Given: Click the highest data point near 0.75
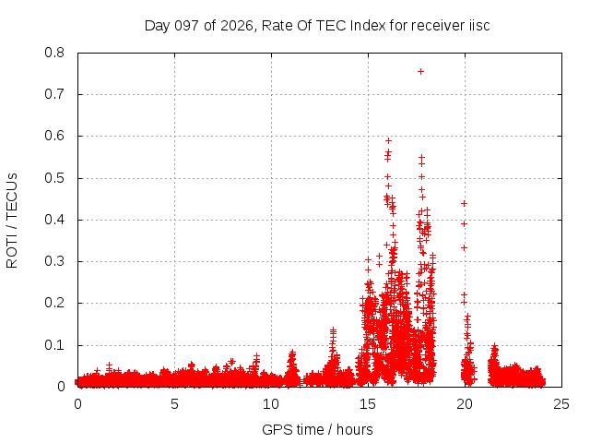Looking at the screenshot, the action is pyautogui.click(x=420, y=72).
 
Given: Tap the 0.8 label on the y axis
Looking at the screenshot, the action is pyautogui.click(x=54, y=53).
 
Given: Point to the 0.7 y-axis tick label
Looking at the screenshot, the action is pyautogui.click(x=54, y=94).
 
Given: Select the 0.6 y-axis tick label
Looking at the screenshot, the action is pyautogui.click(x=54, y=136).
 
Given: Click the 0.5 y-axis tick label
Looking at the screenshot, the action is pyautogui.click(x=54, y=178).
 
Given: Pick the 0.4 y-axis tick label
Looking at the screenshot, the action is pyautogui.click(x=54, y=220).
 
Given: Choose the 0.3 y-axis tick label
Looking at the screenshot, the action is pyautogui.click(x=54, y=261).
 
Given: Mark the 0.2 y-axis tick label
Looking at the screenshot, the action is pyautogui.click(x=54, y=304).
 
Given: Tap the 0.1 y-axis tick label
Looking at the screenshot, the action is pyautogui.click(x=54, y=345).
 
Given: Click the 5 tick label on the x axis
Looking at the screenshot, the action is pyautogui.click(x=174, y=404).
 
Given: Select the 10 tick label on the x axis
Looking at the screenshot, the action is pyautogui.click(x=271, y=404).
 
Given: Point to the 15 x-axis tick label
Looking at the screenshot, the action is pyautogui.click(x=368, y=404).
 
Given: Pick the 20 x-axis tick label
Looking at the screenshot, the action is pyautogui.click(x=465, y=404).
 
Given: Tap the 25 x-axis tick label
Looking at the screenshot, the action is pyautogui.click(x=561, y=404).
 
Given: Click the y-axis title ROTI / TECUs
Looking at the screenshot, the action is pyautogui.click(x=12, y=221).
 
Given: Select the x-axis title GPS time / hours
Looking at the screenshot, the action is pyautogui.click(x=317, y=430).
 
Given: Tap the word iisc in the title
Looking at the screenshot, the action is pyautogui.click(x=479, y=26).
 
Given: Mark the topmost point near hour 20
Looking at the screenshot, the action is pyautogui.click(x=465, y=203).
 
